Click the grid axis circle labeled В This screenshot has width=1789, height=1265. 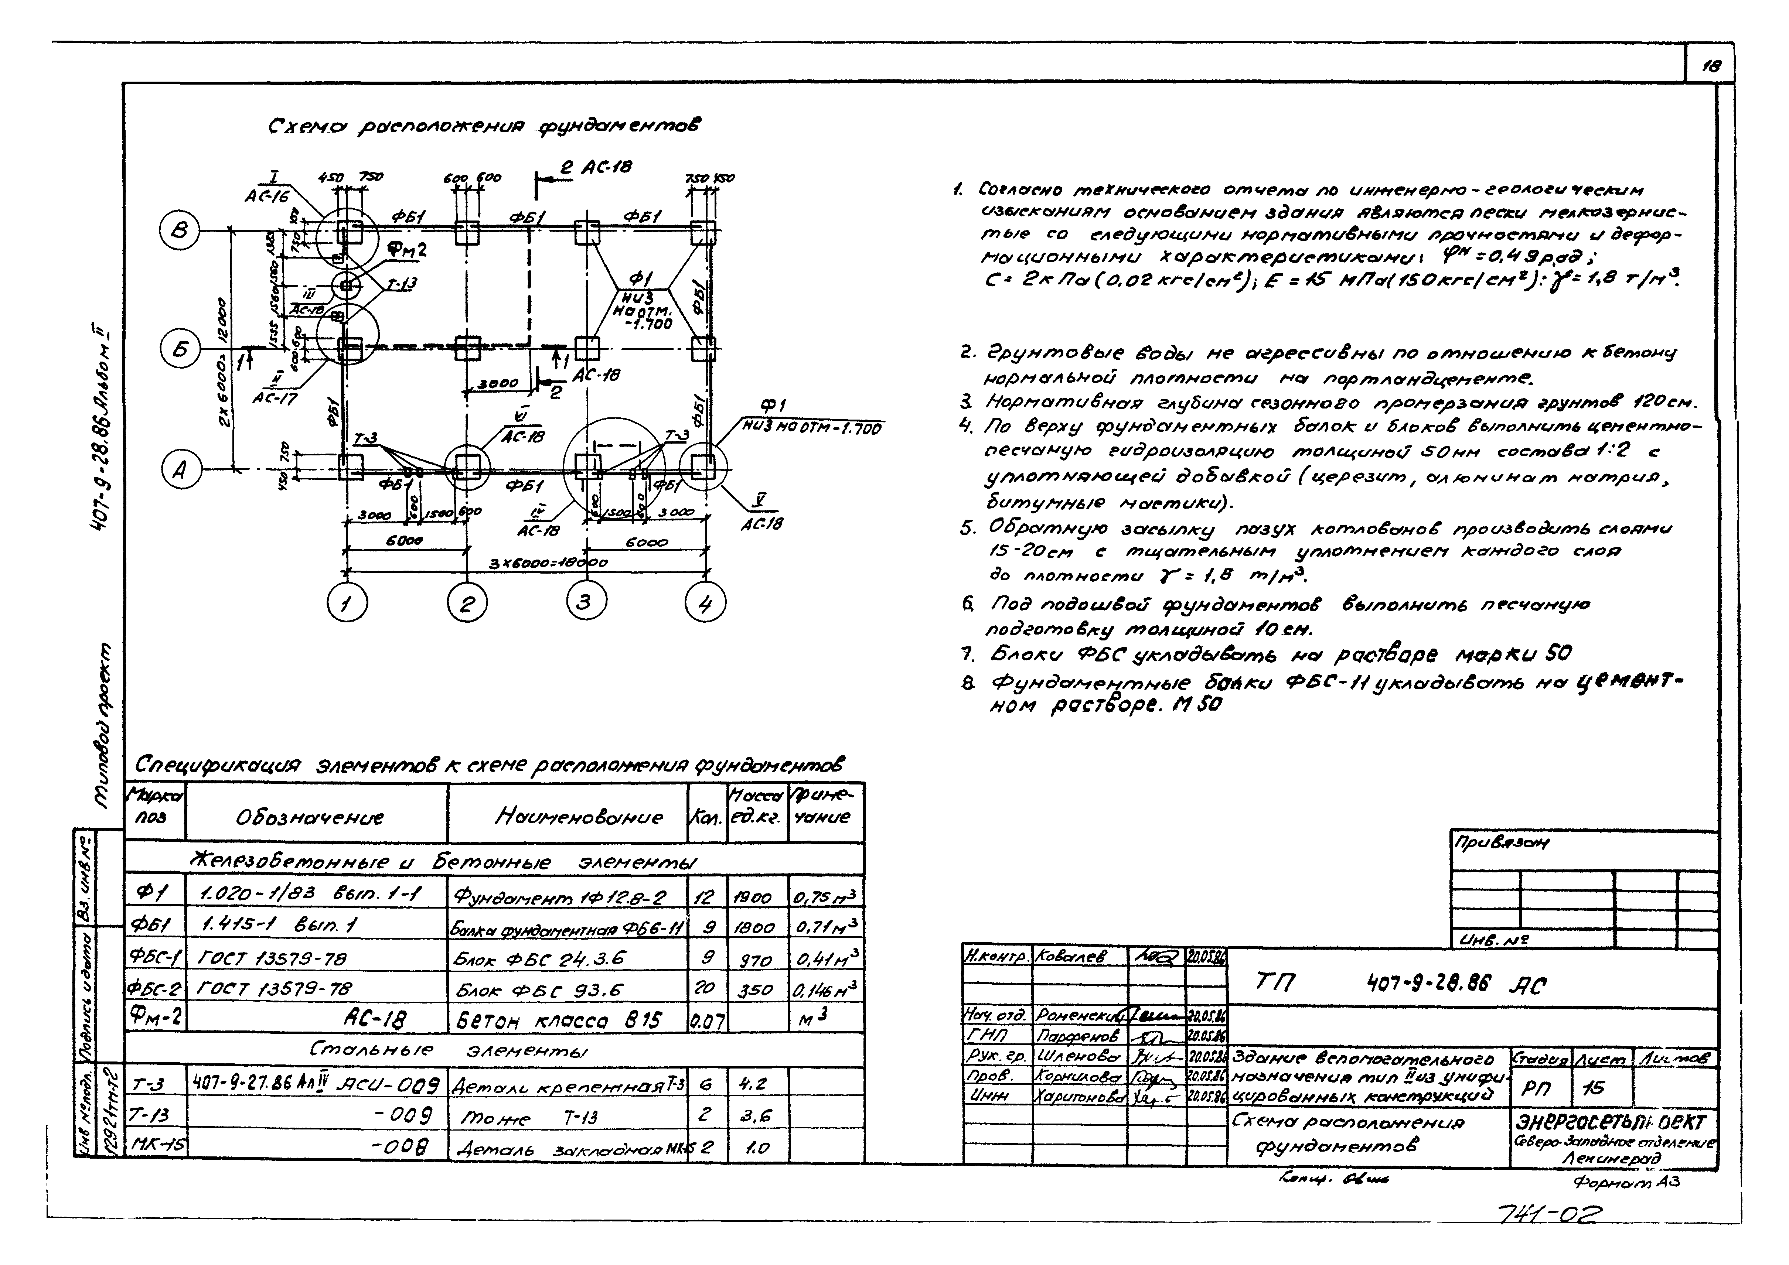click(x=179, y=232)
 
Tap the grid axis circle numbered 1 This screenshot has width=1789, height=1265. click(x=348, y=603)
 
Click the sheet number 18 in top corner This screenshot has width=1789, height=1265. click(x=1711, y=67)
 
